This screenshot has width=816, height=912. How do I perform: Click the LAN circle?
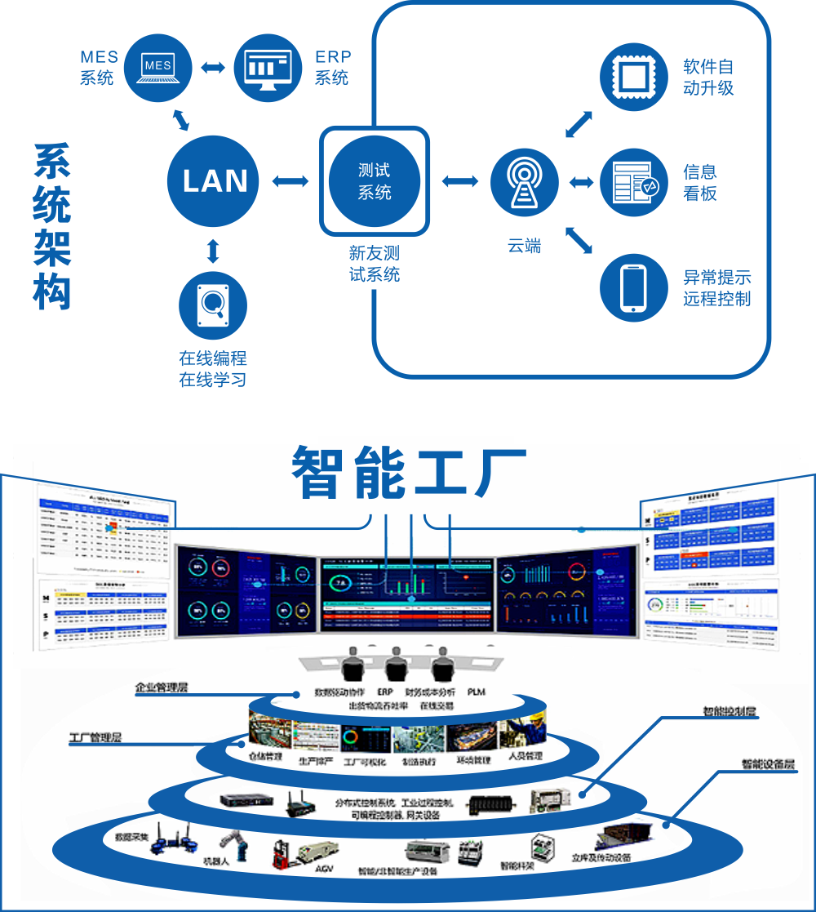click(213, 180)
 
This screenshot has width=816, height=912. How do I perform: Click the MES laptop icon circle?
click(157, 66)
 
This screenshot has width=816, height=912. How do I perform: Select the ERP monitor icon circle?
click(268, 66)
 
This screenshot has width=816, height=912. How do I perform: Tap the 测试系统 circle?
click(375, 180)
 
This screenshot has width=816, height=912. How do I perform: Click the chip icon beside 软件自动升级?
click(634, 78)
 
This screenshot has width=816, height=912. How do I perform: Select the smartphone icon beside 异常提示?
click(634, 287)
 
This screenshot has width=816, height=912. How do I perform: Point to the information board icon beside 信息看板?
click(634, 182)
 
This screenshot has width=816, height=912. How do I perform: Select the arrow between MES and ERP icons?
click(213, 66)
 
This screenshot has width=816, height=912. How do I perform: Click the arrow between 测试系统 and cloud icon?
click(459, 180)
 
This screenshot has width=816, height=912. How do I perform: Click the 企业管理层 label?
click(162, 687)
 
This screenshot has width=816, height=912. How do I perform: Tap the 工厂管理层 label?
click(95, 738)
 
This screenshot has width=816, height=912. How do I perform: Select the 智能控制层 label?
click(730, 711)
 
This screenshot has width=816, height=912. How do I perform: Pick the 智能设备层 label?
click(768, 765)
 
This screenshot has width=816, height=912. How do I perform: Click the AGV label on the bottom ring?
click(324, 868)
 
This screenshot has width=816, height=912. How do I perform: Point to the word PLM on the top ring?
click(477, 692)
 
